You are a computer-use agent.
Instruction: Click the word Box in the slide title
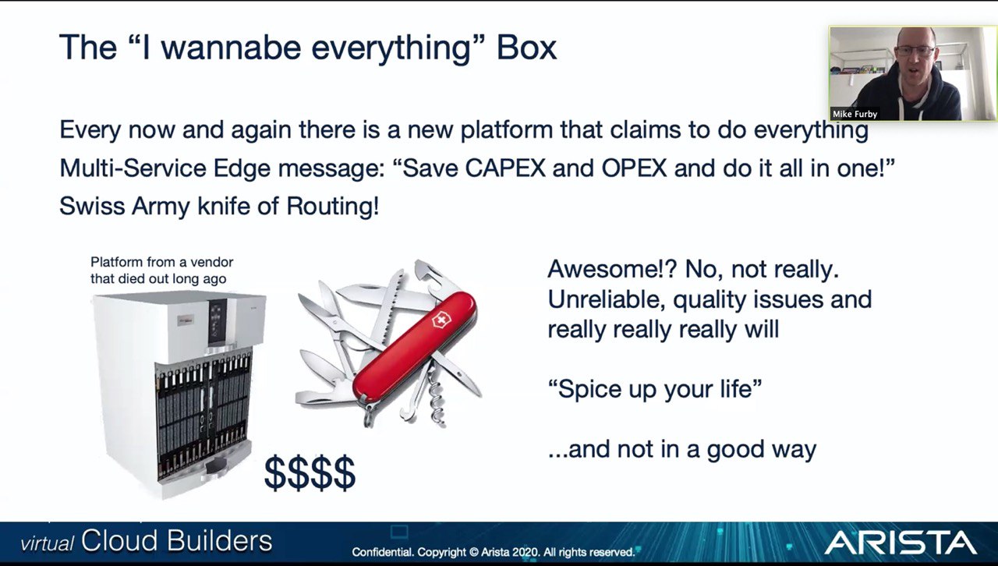pyautogui.click(x=526, y=48)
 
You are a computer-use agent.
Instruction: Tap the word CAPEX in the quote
pyautogui.click(x=505, y=168)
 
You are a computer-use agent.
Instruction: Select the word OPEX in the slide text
pyautogui.click(x=634, y=168)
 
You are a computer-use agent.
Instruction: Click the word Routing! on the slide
pyautogui.click(x=332, y=206)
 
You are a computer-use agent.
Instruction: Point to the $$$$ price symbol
pyautogui.click(x=310, y=472)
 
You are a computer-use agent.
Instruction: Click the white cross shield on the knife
pyautogui.click(x=441, y=320)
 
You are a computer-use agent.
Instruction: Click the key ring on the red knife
pyautogui.click(x=370, y=416)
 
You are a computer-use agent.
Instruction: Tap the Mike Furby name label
pyautogui.click(x=855, y=114)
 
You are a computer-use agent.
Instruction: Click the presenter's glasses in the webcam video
pyautogui.click(x=915, y=51)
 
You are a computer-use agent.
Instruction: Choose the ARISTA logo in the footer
pyautogui.click(x=900, y=543)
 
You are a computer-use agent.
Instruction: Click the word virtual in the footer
pyautogui.click(x=48, y=543)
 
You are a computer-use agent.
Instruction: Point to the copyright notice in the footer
pyautogui.click(x=494, y=552)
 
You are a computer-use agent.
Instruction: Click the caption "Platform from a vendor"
pyautogui.click(x=161, y=262)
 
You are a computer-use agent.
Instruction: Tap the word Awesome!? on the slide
pyautogui.click(x=613, y=269)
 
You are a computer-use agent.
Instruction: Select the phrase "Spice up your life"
pyautogui.click(x=655, y=389)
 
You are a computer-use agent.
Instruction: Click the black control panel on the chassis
pyautogui.click(x=218, y=322)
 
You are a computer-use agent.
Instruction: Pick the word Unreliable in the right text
pyautogui.click(x=607, y=299)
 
